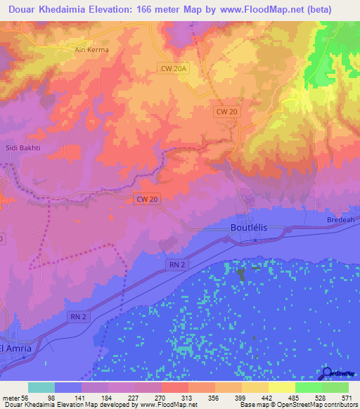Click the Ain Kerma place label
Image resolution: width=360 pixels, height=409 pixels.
89,51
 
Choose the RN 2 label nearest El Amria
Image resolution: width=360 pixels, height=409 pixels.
79,317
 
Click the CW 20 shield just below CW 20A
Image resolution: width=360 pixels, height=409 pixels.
225,111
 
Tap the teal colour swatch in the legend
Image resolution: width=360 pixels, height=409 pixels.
41,387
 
